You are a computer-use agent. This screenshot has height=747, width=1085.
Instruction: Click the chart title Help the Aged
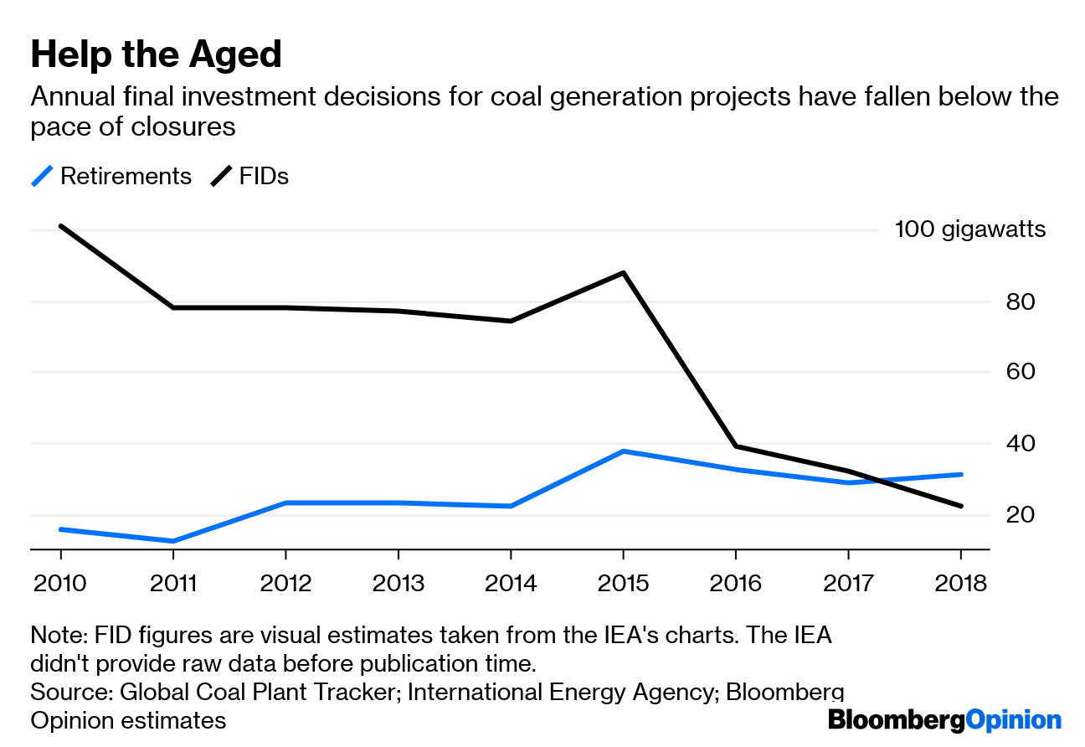click(x=156, y=55)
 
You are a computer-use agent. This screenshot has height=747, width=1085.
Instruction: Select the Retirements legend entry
click(x=111, y=177)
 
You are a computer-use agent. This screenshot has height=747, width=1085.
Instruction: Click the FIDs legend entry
click(x=250, y=177)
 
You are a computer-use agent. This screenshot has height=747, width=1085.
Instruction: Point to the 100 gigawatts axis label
click(x=969, y=229)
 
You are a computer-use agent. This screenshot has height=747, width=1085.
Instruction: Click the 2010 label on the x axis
click(x=60, y=583)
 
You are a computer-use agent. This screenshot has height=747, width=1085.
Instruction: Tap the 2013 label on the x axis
click(x=398, y=583)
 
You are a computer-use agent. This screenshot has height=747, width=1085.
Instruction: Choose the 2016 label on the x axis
click(x=735, y=583)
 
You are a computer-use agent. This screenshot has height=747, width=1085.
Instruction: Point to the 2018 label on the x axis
click(x=960, y=583)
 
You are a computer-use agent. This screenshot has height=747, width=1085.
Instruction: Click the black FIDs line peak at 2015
click(x=623, y=273)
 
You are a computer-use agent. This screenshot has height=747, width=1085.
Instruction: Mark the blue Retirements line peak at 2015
click(x=623, y=451)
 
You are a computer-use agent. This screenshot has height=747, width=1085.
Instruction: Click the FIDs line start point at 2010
click(x=61, y=226)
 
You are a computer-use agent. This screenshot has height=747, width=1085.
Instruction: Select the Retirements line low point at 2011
click(x=173, y=541)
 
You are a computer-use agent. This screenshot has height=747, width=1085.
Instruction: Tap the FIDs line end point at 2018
click(x=960, y=506)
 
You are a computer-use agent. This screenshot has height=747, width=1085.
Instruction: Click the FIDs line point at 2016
click(x=735, y=446)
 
